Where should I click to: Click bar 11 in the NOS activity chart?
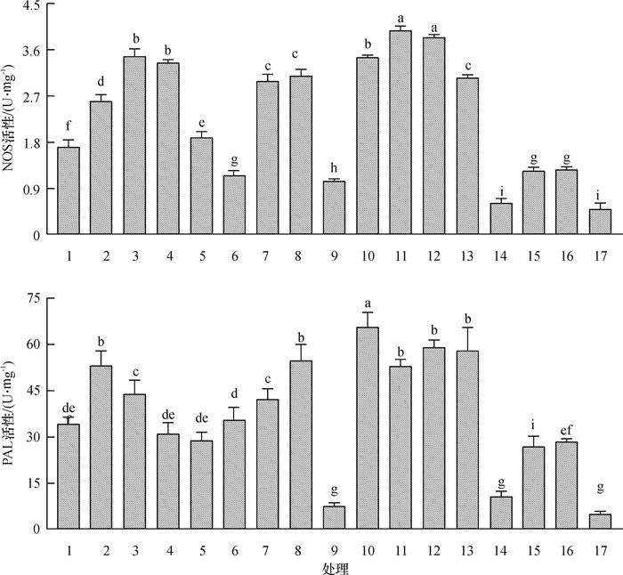pyautogui.click(x=400, y=134)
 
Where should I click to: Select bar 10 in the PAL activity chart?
pyautogui.click(x=368, y=428)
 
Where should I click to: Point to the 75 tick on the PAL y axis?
pyautogui.click(x=34, y=298)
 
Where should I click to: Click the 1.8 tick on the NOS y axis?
pyautogui.click(x=29, y=142)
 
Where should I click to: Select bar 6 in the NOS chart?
pyautogui.click(x=234, y=206)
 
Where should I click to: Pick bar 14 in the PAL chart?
pyautogui.click(x=500, y=513)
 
